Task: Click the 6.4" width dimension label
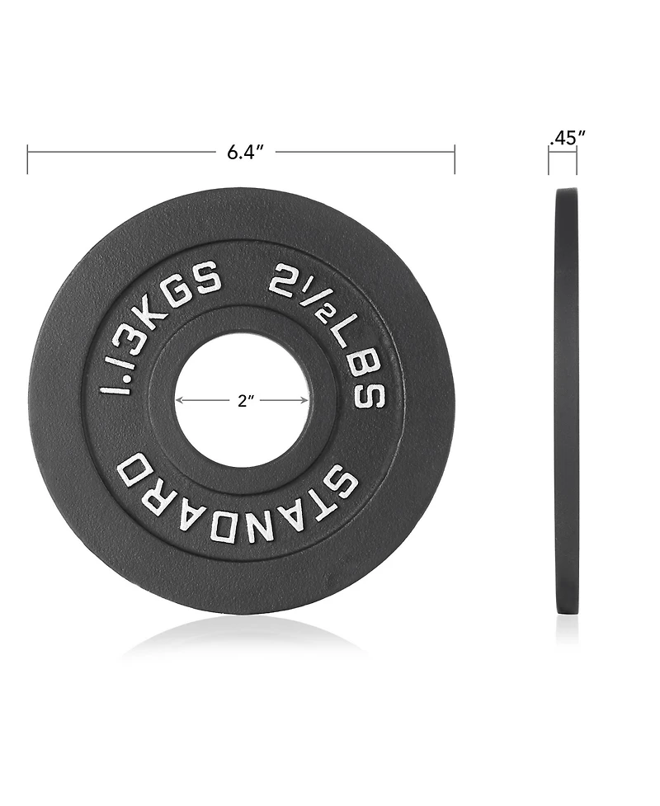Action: [245, 153]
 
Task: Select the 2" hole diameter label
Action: [245, 401]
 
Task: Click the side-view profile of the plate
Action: [566, 400]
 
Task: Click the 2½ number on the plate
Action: [297, 290]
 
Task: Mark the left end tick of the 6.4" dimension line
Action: [28, 158]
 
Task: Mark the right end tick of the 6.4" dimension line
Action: [455, 158]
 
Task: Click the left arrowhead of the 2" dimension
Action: [179, 401]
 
